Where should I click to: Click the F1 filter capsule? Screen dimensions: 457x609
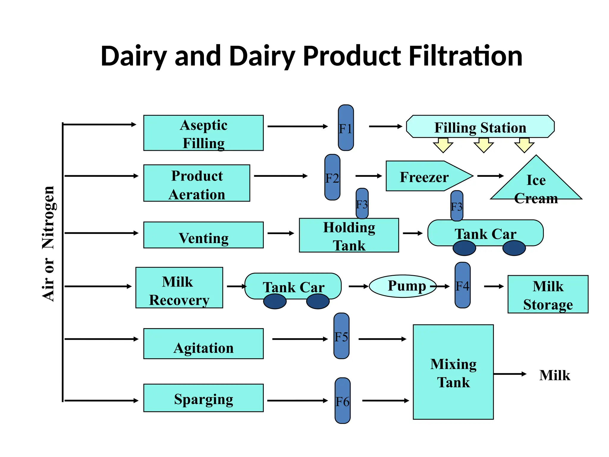[x=346, y=128]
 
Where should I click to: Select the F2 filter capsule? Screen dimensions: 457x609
[x=332, y=177]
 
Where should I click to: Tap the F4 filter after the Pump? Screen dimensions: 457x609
[x=462, y=285]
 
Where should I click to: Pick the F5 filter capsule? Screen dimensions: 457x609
[x=341, y=336]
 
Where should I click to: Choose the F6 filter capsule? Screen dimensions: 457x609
[x=343, y=401]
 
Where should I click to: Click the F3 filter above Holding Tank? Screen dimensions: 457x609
[x=362, y=203]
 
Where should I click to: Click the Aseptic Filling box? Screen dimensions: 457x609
[x=203, y=133]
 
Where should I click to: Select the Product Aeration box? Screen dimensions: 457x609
[x=197, y=183]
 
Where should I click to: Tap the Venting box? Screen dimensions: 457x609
[x=203, y=235]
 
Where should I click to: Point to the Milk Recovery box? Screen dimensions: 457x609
[x=179, y=288]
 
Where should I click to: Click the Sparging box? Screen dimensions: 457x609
[x=203, y=398]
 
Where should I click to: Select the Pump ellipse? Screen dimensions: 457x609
[x=403, y=286]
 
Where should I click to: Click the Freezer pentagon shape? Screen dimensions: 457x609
[x=425, y=176]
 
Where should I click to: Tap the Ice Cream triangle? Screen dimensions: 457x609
[x=536, y=184]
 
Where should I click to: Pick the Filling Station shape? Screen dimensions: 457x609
[x=480, y=127]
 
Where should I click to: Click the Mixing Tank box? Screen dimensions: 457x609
[x=453, y=372]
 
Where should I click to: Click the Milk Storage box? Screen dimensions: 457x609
[x=548, y=294]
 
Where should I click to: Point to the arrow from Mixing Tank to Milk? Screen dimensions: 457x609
[x=510, y=374]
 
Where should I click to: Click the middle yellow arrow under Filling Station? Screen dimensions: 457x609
[x=484, y=145]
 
